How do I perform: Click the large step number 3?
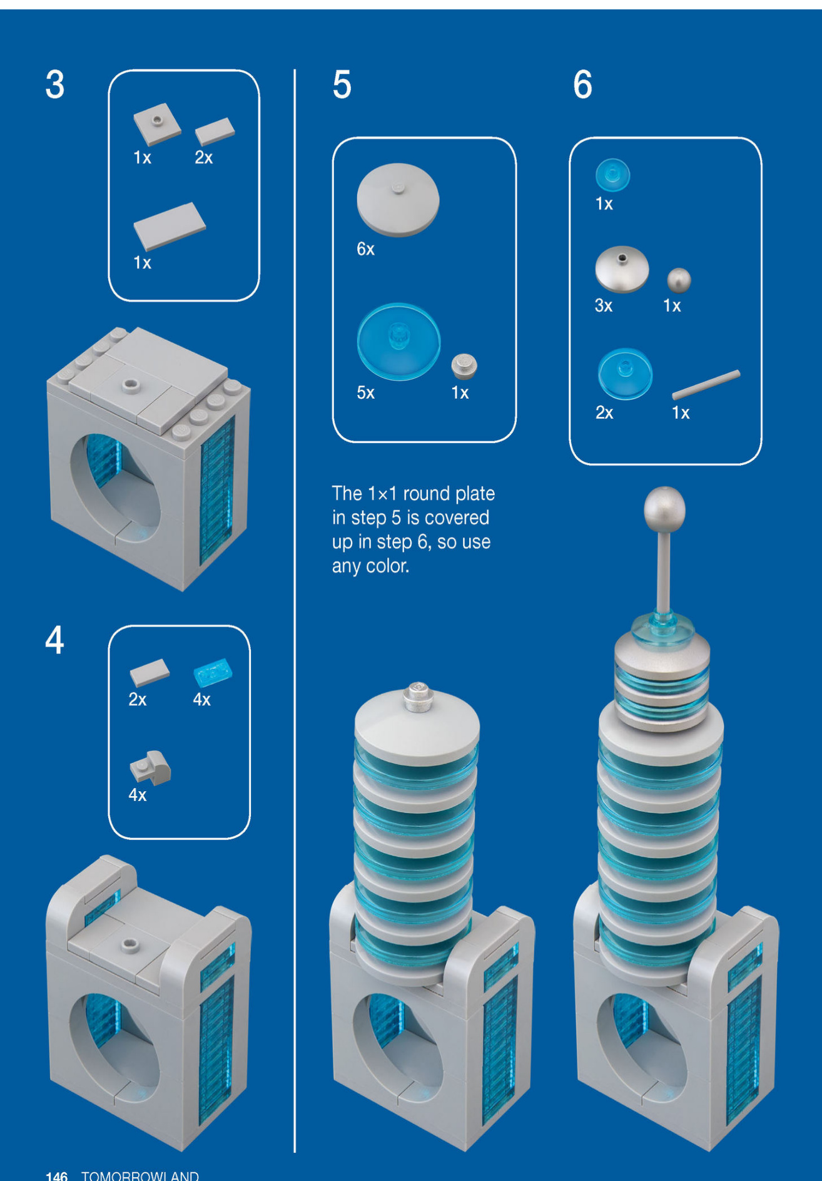55,84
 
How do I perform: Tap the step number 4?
54,640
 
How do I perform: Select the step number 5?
342,84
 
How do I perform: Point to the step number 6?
582,84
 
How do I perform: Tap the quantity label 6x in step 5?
365,249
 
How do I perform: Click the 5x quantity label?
365,392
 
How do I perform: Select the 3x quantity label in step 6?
604,305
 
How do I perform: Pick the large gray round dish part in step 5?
398,200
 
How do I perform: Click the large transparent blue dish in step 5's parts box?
398,342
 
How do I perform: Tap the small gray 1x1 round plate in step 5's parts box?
464,366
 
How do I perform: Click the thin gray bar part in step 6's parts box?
706,384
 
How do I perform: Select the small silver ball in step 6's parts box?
679,280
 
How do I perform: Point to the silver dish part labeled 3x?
622,269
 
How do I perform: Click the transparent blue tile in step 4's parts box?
213,673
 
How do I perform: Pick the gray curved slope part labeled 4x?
150,767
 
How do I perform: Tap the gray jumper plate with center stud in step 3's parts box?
157,124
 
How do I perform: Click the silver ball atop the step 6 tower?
664,509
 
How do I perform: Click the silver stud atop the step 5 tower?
419,697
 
